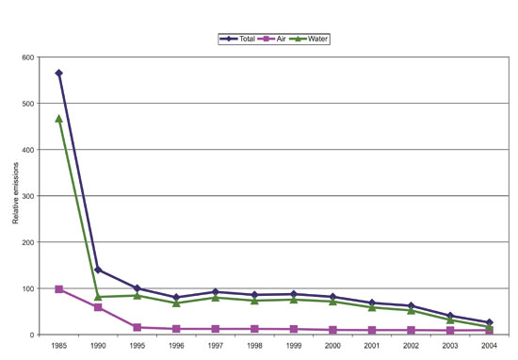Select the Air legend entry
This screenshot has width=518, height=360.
click(279, 39)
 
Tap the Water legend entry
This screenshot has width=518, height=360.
click(316, 39)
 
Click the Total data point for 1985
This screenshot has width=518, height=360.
click(58, 73)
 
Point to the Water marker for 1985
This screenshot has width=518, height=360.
click(58, 119)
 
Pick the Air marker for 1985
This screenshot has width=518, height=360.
click(58, 289)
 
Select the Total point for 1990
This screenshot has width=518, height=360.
click(98, 270)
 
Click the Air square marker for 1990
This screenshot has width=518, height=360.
click(98, 307)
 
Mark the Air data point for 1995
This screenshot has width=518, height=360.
click(137, 327)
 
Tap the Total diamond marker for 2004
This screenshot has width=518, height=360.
click(488, 322)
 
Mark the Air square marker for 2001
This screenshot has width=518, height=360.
click(371, 330)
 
